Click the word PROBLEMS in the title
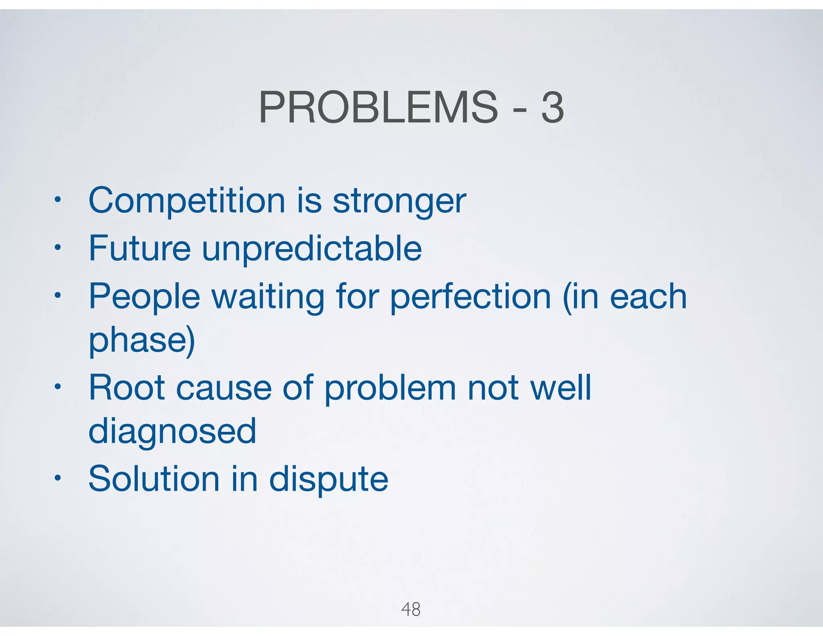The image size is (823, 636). pyautogui.click(x=378, y=108)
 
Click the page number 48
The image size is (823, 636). pyautogui.click(x=411, y=609)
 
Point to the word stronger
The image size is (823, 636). pyautogui.click(x=399, y=202)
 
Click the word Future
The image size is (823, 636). pyautogui.click(x=139, y=248)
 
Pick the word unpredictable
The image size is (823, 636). pyautogui.click(x=312, y=249)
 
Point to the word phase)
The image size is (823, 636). pyautogui.click(x=141, y=341)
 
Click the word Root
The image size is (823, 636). pyautogui.click(x=127, y=388)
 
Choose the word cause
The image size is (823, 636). pyautogui.click(x=224, y=388)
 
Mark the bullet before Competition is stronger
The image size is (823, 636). pyautogui.click(x=58, y=199)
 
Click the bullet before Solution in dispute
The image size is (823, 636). pyautogui.click(x=58, y=478)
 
